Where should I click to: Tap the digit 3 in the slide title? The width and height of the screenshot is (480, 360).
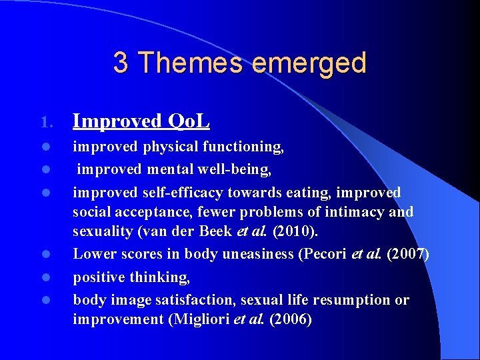121,63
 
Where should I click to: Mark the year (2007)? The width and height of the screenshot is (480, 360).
406,254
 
